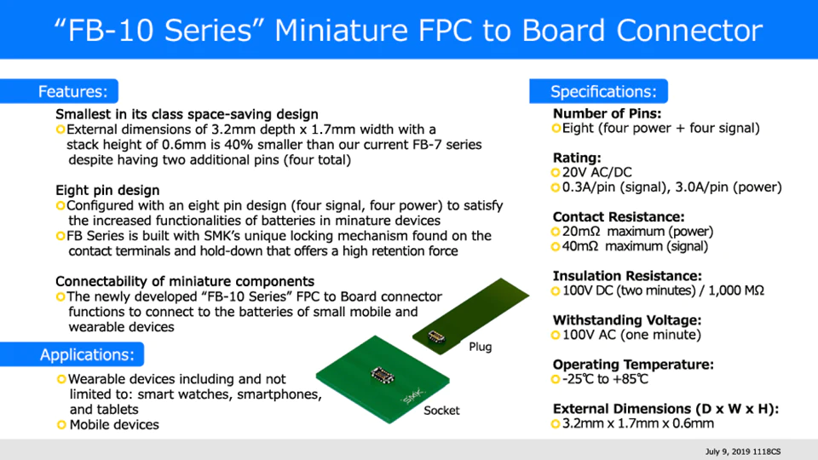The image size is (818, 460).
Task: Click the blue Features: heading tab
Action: point(72,91)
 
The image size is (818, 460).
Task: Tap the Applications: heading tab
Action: point(86,354)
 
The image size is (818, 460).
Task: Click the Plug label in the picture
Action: point(481,348)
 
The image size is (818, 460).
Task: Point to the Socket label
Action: point(441,411)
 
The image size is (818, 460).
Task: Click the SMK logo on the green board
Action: point(412,397)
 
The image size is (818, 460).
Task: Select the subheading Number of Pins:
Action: point(607,113)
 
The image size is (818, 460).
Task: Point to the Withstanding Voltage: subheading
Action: point(626,320)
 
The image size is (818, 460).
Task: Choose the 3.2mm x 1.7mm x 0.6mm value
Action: point(638,423)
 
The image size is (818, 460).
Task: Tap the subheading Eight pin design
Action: point(107,190)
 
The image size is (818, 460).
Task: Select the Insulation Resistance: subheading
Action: point(627,276)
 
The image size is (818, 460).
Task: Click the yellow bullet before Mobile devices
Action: point(60,424)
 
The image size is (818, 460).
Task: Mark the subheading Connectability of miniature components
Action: point(185,281)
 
